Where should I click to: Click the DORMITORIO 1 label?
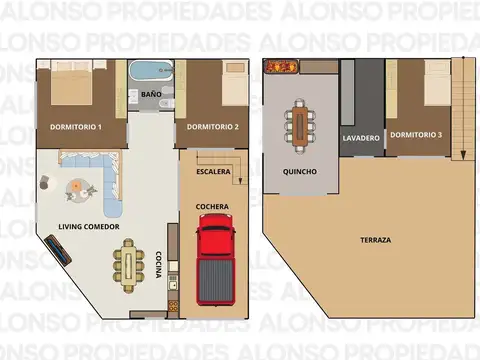76,126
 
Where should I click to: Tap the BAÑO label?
152,94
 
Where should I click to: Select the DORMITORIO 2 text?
212,126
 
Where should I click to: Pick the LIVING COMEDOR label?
89,227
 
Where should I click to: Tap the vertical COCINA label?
157,264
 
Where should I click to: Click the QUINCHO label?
300,171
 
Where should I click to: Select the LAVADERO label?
360,137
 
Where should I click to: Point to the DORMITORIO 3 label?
417,134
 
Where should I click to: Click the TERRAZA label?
376,240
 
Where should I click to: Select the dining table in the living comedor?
127,265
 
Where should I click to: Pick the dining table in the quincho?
299,124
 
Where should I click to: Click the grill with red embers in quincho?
280,66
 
